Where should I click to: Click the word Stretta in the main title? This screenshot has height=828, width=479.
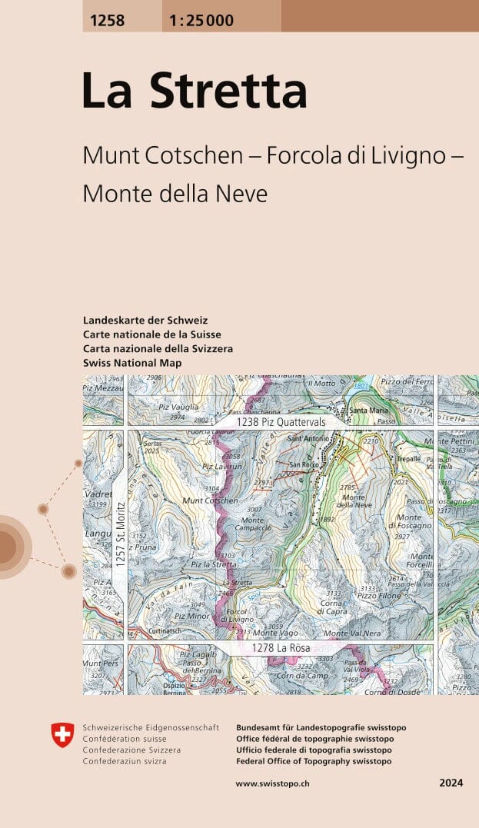pos(228,91)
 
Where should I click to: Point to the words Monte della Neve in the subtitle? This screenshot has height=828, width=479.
pos(175,194)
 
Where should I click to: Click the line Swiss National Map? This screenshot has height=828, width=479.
pos(132,363)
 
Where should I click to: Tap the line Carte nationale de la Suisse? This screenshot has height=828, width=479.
pos(151,334)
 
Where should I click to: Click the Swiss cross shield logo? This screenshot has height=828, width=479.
pos(63,734)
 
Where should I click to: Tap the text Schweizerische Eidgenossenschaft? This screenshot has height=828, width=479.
pos(151,727)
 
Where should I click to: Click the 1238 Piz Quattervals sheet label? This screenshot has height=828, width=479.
pos(281,422)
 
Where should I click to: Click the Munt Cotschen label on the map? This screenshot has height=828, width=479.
pos(210,500)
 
